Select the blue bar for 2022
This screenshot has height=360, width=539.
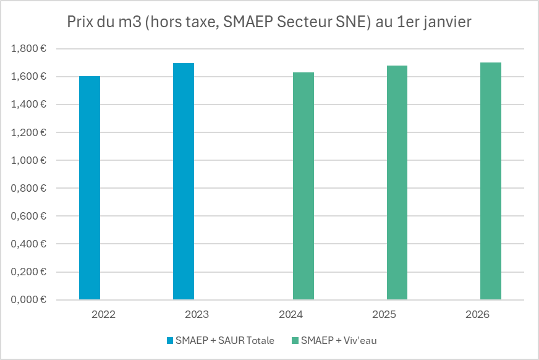[x=90, y=188]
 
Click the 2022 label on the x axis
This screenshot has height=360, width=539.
[x=103, y=314]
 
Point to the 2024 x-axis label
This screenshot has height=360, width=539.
[x=291, y=314]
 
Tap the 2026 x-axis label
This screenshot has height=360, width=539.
[x=478, y=314]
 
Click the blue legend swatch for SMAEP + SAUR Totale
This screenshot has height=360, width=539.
[x=170, y=340]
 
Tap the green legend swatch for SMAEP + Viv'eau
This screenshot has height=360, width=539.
[x=295, y=340]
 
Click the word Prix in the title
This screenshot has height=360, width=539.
[x=80, y=22]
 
